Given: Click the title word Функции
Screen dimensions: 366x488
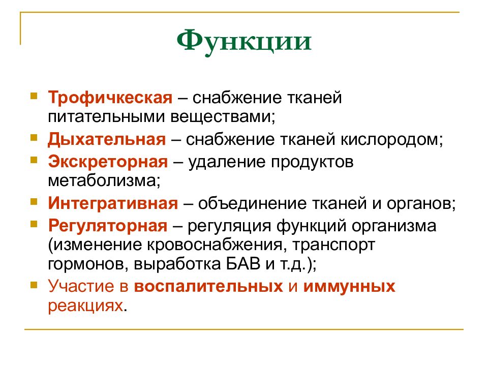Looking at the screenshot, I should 244,42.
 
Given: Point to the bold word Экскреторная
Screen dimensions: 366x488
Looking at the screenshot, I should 108,162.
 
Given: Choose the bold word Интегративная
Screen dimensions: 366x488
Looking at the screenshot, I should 113,203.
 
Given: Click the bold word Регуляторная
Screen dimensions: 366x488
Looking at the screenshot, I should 107,225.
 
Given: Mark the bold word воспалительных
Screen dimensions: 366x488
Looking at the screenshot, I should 208,287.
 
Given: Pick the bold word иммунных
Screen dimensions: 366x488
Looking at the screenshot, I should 349,287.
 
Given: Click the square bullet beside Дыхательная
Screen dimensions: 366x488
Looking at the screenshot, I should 34,137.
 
